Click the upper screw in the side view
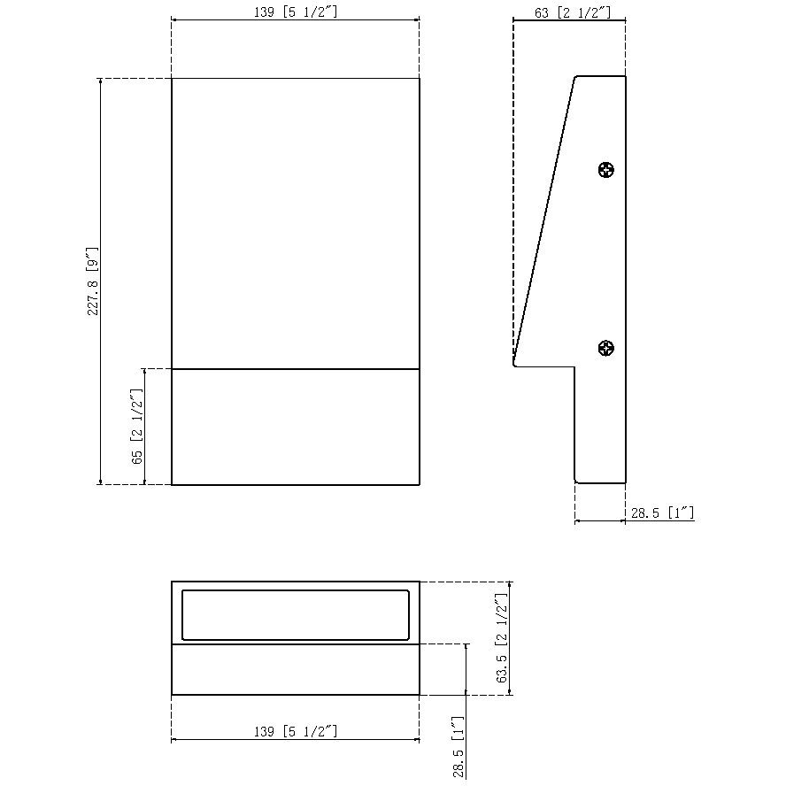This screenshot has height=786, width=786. click(x=606, y=170)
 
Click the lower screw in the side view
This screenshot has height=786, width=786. click(x=606, y=348)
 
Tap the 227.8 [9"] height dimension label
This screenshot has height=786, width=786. click(x=93, y=281)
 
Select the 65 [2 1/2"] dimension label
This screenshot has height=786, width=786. click(x=137, y=426)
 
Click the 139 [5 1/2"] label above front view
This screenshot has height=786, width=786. click(x=296, y=12)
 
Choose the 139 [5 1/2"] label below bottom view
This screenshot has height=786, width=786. click(x=296, y=731)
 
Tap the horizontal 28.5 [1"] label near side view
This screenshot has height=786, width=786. click(x=662, y=512)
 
